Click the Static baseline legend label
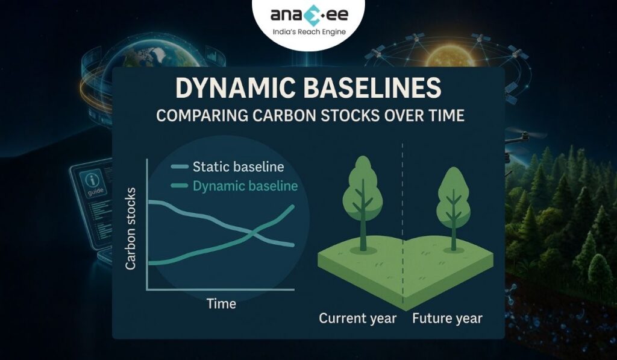pos(237,166)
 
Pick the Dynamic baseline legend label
pos(245,186)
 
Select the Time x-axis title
pos(221,303)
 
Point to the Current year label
pos(357,318)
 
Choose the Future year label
pos(447,318)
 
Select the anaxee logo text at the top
pos(308,15)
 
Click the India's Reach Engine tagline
pos(308,31)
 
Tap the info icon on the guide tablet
pos(93,179)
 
